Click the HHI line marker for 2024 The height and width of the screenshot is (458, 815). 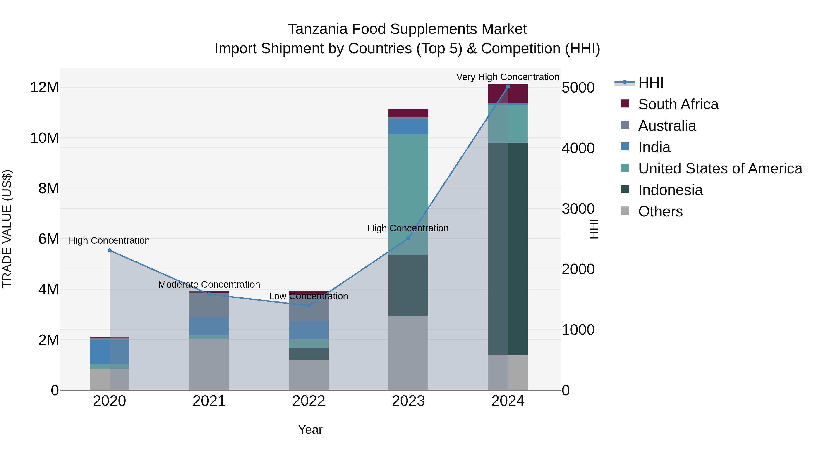click(508, 86)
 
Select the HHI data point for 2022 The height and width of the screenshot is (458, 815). click(309, 305)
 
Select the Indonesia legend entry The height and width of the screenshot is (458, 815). click(670, 190)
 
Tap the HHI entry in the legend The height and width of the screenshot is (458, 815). click(650, 83)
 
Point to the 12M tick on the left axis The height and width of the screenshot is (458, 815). click(44, 87)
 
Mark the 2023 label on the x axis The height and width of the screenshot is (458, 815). click(408, 401)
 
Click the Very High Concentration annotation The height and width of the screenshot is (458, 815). click(508, 77)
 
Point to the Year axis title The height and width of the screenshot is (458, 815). click(310, 429)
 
